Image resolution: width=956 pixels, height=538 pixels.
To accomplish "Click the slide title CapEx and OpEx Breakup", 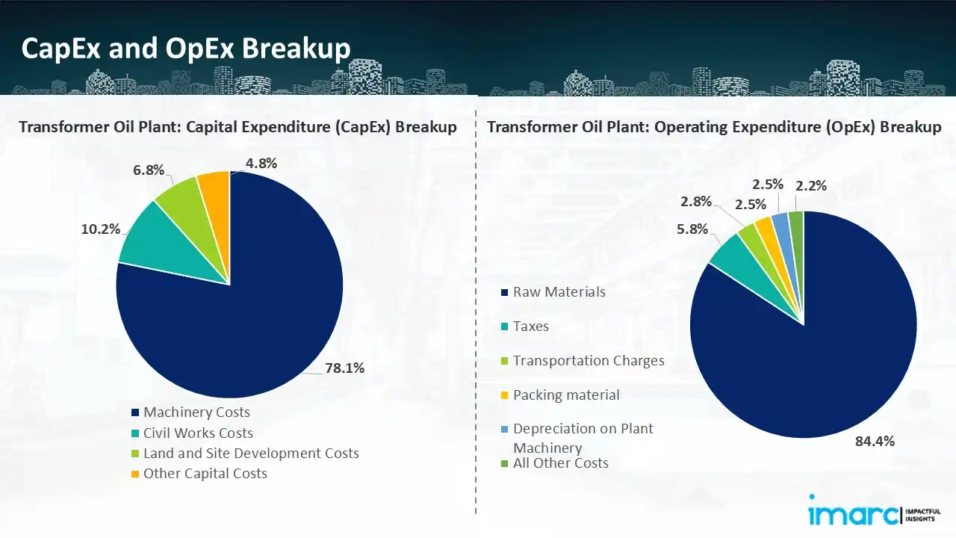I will (x=186, y=49).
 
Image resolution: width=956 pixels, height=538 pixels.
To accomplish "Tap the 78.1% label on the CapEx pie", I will (x=344, y=368).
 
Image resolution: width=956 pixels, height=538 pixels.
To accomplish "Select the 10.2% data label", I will (x=101, y=229).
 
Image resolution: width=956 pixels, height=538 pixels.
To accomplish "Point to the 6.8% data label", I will (x=149, y=170).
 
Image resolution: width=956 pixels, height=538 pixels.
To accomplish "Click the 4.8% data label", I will (x=261, y=164).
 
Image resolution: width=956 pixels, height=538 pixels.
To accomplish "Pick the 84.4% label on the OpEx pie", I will (x=875, y=441).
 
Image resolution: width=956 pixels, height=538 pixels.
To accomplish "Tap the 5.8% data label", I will (x=692, y=229).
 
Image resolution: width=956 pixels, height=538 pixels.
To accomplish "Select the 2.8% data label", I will (x=695, y=201).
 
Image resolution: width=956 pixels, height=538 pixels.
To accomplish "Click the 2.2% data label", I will (x=811, y=186).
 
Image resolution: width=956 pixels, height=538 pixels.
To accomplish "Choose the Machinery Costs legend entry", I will (x=196, y=412).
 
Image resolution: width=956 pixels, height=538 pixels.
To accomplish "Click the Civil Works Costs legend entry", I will (x=198, y=433).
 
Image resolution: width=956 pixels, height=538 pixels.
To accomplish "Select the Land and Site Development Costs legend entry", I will (x=251, y=454).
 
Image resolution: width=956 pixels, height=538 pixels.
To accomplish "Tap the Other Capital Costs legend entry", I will (x=205, y=474).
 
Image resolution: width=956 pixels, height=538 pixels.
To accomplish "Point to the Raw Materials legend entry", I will (x=559, y=292).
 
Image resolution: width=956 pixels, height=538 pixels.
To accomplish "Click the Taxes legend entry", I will (x=530, y=327).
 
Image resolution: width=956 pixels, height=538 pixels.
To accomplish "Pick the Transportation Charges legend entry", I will (x=588, y=361).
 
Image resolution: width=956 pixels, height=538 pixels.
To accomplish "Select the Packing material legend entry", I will (x=565, y=395).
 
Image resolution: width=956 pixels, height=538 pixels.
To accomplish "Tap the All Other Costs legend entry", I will (x=560, y=463).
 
